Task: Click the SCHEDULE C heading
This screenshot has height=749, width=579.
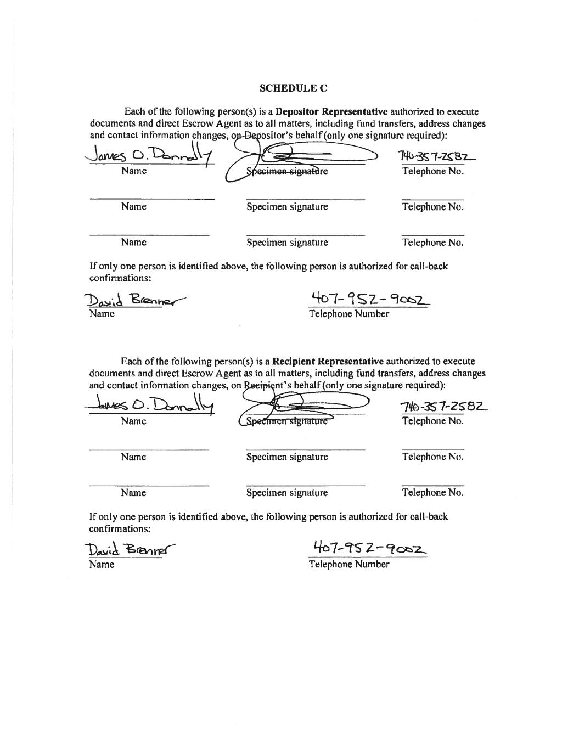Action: point(294,88)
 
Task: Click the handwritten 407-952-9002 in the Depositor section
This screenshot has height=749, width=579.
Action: point(371,299)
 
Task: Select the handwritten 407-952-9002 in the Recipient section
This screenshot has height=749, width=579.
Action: point(370,548)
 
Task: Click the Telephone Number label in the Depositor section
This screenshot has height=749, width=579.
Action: point(349,314)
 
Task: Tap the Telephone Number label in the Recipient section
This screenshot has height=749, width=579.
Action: point(349,564)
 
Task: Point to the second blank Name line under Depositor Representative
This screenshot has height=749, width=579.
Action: point(151,198)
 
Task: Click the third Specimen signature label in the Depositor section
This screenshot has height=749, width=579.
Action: point(287,243)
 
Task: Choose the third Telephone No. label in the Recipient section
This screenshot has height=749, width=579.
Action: point(432,493)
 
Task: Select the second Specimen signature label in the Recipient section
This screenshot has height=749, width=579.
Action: point(287,457)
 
